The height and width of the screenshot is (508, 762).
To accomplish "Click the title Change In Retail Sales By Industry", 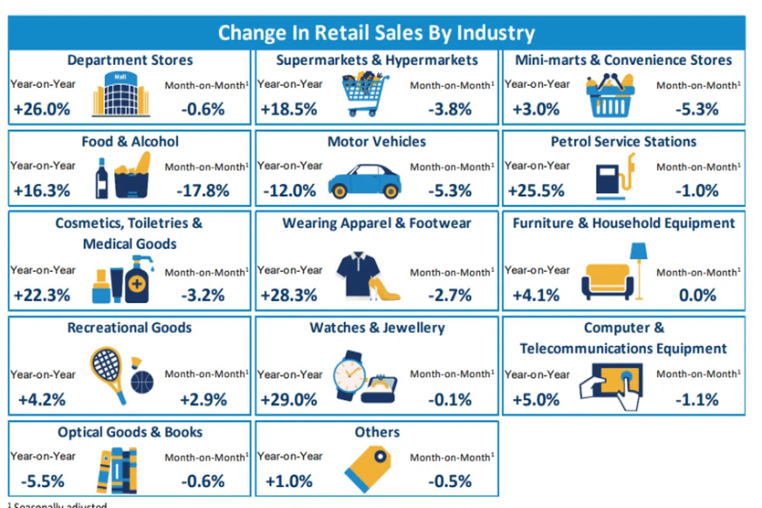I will [x=376, y=32].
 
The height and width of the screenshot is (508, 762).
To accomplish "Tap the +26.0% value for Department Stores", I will [x=41, y=109].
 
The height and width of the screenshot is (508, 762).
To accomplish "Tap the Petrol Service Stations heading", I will [x=624, y=141].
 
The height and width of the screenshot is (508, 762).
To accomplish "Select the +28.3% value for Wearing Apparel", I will [x=289, y=295].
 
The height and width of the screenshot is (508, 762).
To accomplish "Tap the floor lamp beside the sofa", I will [x=638, y=267].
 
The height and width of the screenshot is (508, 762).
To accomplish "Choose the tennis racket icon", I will [x=107, y=372].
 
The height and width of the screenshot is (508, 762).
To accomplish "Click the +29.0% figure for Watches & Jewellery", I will [x=289, y=399].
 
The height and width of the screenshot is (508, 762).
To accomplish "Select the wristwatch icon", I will [x=348, y=375].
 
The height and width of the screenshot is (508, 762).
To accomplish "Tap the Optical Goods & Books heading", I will [x=130, y=432].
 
